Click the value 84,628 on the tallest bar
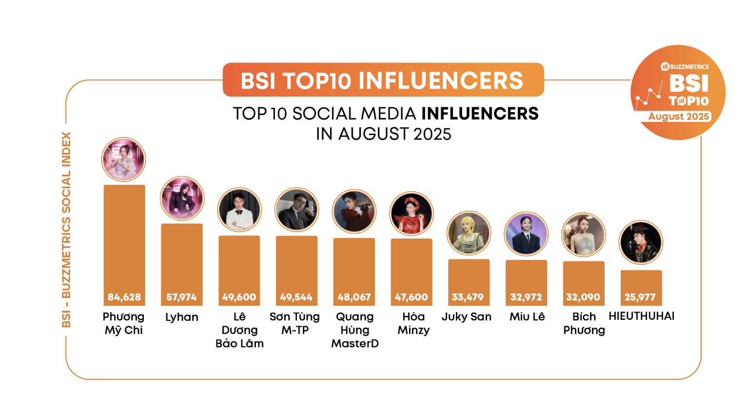click(124, 297)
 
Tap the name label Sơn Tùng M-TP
click(295, 323)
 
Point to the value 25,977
click(640, 297)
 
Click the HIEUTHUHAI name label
click(642, 316)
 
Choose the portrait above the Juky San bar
click(469, 234)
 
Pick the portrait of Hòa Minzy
click(412, 213)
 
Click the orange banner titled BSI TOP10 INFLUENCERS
click(383, 80)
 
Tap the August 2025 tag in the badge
click(679, 117)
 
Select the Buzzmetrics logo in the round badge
click(685, 66)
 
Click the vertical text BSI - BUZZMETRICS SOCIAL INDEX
click(67, 229)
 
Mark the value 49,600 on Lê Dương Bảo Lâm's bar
click(239, 297)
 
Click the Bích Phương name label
click(584, 323)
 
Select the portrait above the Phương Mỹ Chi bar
click(123, 159)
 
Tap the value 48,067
click(354, 297)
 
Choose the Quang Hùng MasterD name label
click(354, 330)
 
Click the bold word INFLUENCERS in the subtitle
click(480, 114)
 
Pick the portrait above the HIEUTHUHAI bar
click(640, 242)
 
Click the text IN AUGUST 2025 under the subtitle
click(383, 134)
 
